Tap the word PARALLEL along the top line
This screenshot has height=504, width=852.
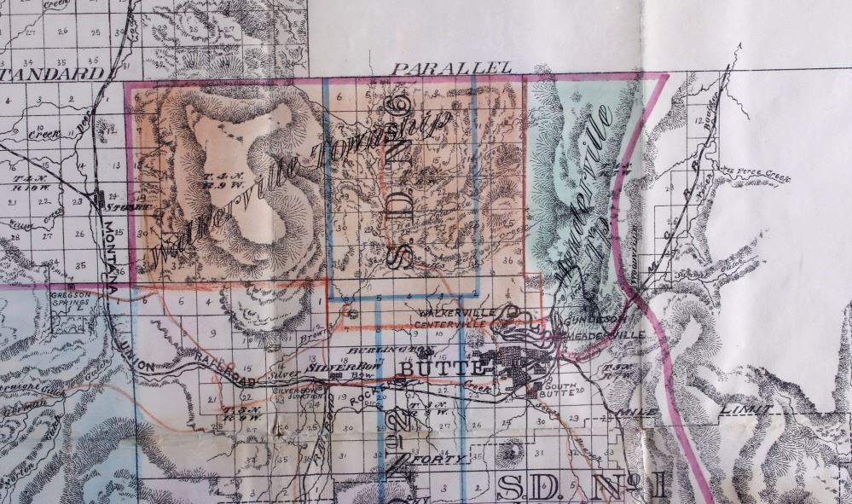click(451, 67)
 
